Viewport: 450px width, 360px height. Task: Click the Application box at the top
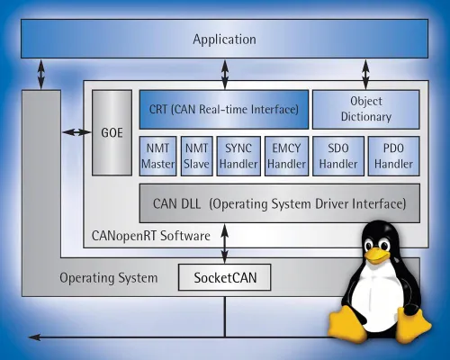coord(224,40)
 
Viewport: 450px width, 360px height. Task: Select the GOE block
coord(112,132)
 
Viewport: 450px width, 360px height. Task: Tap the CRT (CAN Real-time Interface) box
coord(223,108)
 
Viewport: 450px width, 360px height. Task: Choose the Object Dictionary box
coord(365,108)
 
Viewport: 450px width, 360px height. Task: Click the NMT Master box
coord(157,155)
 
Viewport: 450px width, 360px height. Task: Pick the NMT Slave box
coord(195,155)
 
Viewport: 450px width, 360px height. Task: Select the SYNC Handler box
coord(237,155)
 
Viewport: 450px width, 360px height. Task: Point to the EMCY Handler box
coord(286,155)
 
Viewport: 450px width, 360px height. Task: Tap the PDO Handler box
coord(394,155)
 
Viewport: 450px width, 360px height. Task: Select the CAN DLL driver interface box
coord(279,203)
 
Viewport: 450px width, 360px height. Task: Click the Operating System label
coord(109,278)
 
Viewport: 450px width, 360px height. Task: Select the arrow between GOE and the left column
coord(76,132)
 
